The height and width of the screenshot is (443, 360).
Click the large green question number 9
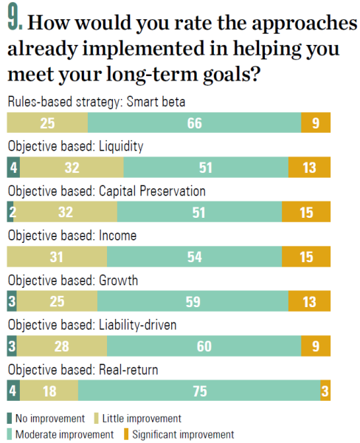tap(15, 18)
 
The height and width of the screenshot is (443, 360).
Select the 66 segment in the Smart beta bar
tap(194, 123)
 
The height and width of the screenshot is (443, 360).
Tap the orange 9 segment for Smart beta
tap(316, 123)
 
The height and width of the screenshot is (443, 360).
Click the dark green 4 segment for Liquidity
tap(13, 168)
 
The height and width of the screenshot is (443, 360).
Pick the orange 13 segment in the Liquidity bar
tap(309, 168)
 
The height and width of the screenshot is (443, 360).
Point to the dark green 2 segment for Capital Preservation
tap(10, 212)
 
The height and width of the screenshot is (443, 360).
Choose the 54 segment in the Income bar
tap(194, 256)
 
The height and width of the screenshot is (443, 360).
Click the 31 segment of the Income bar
tap(57, 256)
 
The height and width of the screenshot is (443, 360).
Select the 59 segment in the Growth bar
tap(193, 301)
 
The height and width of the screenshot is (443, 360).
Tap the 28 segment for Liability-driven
tap(61, 346)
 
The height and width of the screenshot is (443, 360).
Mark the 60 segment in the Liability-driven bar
tap(204, 346)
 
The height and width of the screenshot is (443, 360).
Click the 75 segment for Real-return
tap(199, 391)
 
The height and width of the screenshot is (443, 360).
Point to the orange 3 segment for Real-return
tap(325, 391)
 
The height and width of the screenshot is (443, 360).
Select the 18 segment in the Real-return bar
tap(49, 391)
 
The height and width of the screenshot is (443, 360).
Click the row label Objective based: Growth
tap(73, 281)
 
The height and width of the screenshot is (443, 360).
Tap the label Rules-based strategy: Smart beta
tap(97, 102)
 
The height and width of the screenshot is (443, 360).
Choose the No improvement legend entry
tap(46, 419)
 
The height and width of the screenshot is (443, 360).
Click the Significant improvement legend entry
tap(179, 435)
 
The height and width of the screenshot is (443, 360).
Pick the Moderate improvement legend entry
tap(60, 435)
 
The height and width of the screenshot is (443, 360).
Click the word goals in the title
tap(231, 75)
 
